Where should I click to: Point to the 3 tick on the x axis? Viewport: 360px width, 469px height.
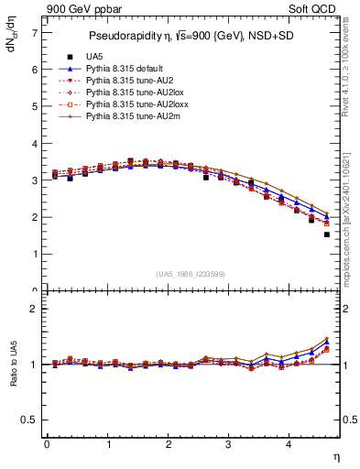click(x=229, y=444)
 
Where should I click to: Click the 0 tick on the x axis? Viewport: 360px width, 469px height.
click(x=47, y=444)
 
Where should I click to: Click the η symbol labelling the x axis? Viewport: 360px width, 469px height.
click(x=334, y=456)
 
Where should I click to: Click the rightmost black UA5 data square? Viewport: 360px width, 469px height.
click(x=327, y=234)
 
